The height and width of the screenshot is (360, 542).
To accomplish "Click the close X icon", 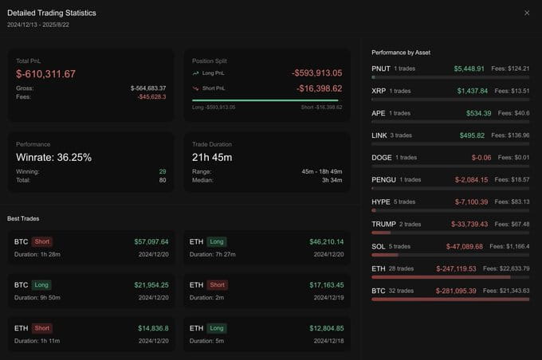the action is point(527,13).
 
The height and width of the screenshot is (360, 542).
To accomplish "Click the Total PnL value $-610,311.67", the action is point(45,74).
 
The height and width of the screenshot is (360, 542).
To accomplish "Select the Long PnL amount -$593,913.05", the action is point(317,73).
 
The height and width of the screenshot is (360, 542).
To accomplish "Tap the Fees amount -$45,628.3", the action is point(151,96).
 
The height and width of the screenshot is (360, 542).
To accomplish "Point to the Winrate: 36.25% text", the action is point(54,158).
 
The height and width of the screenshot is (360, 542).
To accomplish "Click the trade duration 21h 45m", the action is point(212,158).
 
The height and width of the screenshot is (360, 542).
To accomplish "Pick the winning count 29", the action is point(163,171).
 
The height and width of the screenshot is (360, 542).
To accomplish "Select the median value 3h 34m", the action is point(332,180).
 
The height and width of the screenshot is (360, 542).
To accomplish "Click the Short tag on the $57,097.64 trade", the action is point(41,241).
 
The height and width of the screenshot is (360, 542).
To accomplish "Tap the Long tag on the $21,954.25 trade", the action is point(41,284).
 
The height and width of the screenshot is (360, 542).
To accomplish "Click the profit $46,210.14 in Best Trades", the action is point(327,242).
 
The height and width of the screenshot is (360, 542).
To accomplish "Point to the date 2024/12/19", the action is point(328,297).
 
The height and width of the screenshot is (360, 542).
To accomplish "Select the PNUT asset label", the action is point(381,68).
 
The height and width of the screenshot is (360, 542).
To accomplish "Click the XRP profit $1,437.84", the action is point(473,91).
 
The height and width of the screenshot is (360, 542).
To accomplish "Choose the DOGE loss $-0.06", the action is point(481,158).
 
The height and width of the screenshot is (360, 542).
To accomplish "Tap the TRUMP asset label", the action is point(383,225).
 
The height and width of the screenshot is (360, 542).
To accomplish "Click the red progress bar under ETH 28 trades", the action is point(441,277).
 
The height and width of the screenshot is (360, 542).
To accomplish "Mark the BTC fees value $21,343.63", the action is point(513,291).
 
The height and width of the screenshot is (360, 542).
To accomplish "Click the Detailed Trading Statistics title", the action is point(52,13).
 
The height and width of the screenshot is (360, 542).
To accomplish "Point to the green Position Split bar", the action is point(265,100).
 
